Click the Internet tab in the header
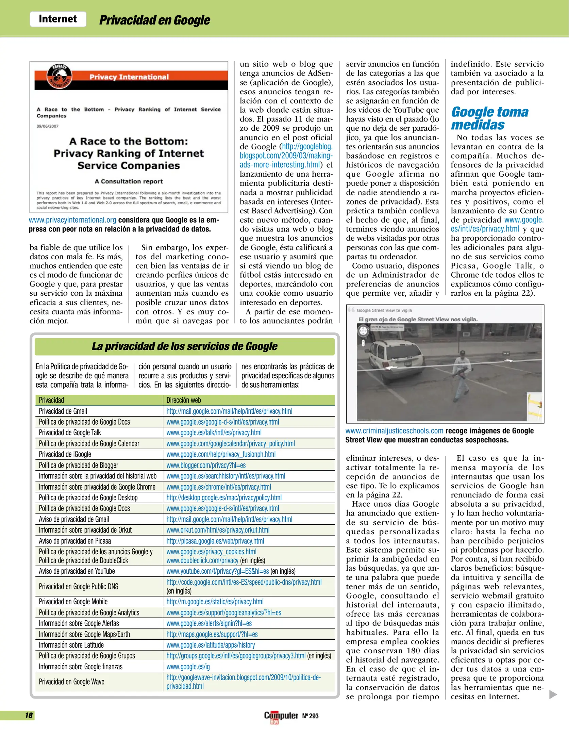[58, 19]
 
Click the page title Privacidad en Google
[154, 20]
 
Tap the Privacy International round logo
[60, 76]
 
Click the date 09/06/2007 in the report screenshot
[48, 126]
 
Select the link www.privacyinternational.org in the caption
[72, 220]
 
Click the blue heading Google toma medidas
[489, 118]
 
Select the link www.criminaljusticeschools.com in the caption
[394, 431]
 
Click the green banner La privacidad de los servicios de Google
[184, 346]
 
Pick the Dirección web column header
[184, 400]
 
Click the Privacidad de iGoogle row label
[65, 454]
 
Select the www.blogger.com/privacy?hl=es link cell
[206, 465]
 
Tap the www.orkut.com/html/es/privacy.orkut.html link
[218, 530]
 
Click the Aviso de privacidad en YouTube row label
[77, 571]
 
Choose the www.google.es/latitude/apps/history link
[211, 645]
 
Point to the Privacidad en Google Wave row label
[71, 682]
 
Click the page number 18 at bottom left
[29, 715]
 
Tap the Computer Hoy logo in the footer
[281, 716]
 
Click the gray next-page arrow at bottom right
[553, 695]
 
